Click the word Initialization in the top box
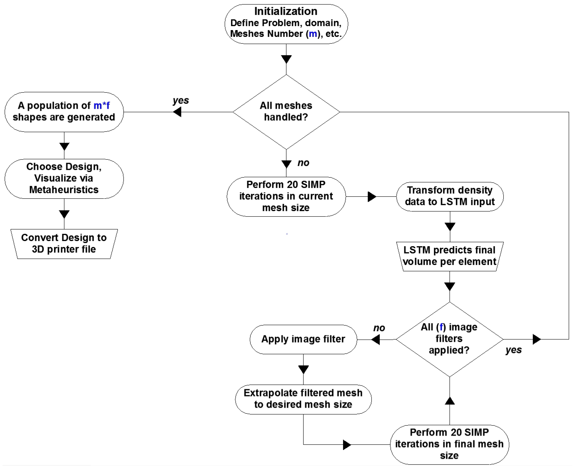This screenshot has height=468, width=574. tap(286, 11)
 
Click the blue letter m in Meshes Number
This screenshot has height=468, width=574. tap(313, 34)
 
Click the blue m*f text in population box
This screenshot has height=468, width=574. tap(102, 105)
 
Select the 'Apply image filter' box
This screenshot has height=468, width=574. tap(303, 339)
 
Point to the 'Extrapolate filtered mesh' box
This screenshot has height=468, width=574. tap(303, 399)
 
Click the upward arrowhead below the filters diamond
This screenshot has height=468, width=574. tap(450, 401)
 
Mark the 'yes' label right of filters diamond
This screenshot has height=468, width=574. tap(513, 350)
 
